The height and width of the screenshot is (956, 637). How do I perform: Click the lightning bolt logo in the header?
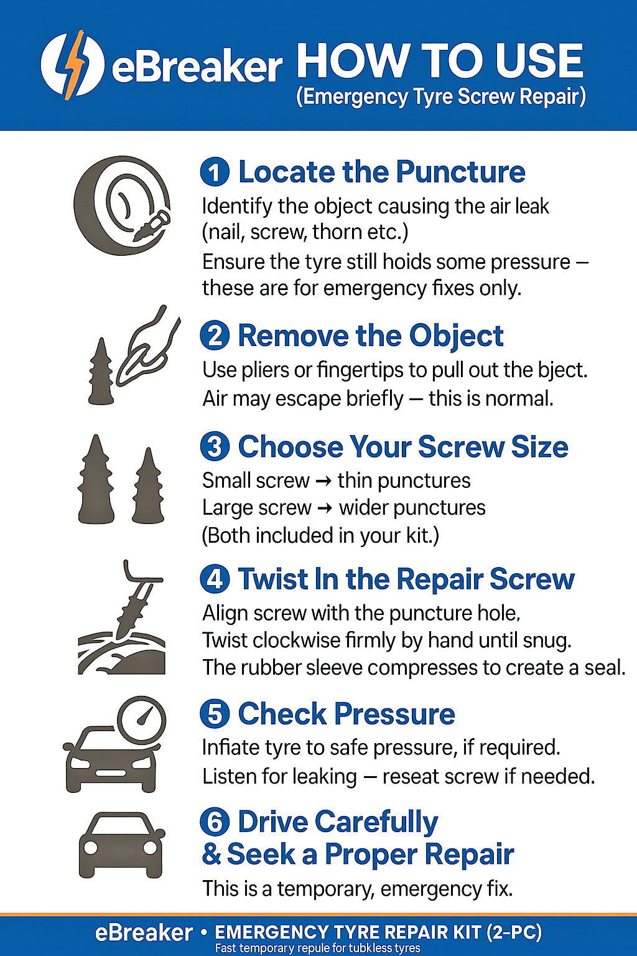(72, 65)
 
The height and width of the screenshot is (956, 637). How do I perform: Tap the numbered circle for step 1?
(215, 172)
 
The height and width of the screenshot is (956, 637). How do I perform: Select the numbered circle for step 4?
(215, 579)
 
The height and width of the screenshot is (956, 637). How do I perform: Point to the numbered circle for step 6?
(215, 822)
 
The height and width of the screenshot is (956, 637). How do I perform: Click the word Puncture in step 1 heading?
(460, 172)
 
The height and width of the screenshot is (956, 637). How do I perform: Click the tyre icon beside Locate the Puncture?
(122, 205)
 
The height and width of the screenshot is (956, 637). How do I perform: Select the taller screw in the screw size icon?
(96, 479)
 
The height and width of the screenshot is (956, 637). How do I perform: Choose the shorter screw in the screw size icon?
(148, 487)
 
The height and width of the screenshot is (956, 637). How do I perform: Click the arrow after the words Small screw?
(323, 481)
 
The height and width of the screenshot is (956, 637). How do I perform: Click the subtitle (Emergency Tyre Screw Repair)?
(441, 97)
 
